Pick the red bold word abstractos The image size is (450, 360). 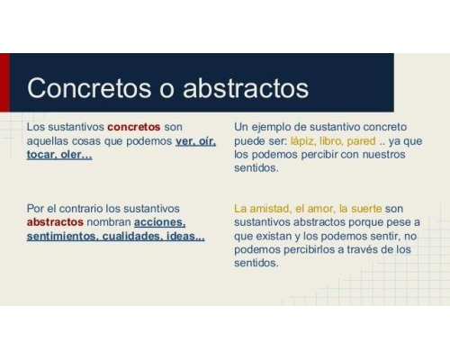click(x=55, y=221)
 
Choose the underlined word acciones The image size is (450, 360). click(x=159, y=221)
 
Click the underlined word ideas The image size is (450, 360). click(x=185, y=236)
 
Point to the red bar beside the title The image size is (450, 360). click(x=4, y=82)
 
